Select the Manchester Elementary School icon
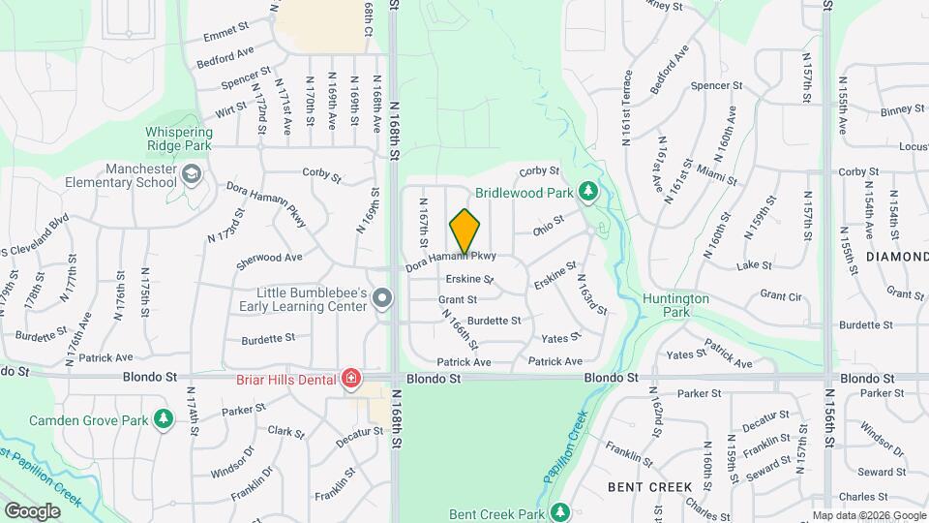point(192,174)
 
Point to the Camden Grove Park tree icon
point(165,419)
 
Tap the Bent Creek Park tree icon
point(557,510)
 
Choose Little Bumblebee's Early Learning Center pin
point(382,299)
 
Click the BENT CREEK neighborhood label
point(650,486)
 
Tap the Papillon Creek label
point(565,445)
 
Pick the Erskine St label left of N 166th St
point(469,280)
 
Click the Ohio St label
point(548,230)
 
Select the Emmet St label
point(227,36)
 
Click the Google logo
point(32,510)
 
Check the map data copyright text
point(868,515)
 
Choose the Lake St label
point(751,264)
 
